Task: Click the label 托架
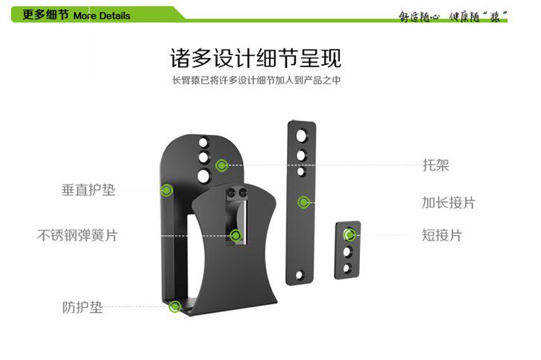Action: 436,165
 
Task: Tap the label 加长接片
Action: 448,202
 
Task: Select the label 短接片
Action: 442,236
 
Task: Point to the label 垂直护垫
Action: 88,189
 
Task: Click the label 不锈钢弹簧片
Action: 77,236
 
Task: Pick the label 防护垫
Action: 82,306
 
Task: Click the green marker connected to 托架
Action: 221,165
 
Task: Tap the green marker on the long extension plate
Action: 303,202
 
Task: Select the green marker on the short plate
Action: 348,236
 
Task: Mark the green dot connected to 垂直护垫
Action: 168,190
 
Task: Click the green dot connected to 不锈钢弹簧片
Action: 236,236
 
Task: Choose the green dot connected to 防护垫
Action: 175,306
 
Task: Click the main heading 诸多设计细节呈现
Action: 256,58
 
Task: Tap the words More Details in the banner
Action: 101,15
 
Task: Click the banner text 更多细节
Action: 45,15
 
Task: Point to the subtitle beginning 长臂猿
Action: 256,80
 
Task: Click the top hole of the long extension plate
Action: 303,135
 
